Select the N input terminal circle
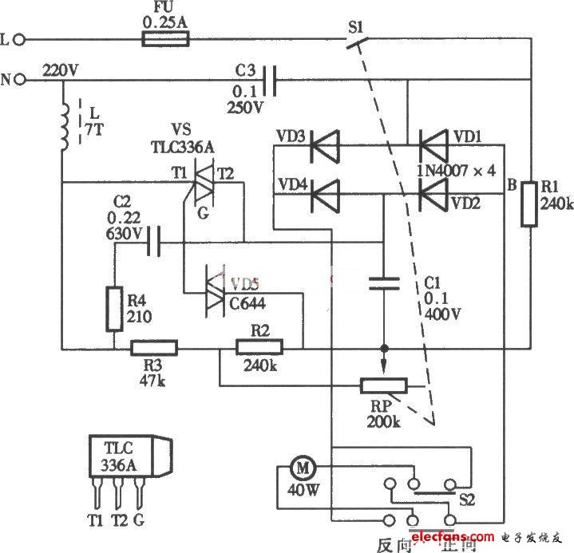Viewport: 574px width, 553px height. (22, 79)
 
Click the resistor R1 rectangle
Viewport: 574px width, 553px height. (529, 204)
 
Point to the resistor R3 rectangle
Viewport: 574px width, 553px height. (154, 348)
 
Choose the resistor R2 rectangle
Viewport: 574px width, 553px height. (259, 348)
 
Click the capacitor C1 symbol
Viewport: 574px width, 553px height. (384, 282)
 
